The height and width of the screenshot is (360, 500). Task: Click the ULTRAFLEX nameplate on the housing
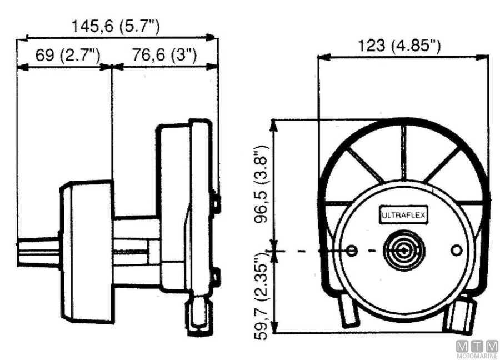(x=403, y=215)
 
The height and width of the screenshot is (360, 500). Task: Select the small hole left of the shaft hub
(x=351, y=251)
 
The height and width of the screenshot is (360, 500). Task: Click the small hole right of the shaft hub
(x=457, y=251)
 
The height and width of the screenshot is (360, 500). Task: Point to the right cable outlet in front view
(x=461, y=316)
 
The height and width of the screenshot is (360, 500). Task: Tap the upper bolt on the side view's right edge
(x=217, y=203)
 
